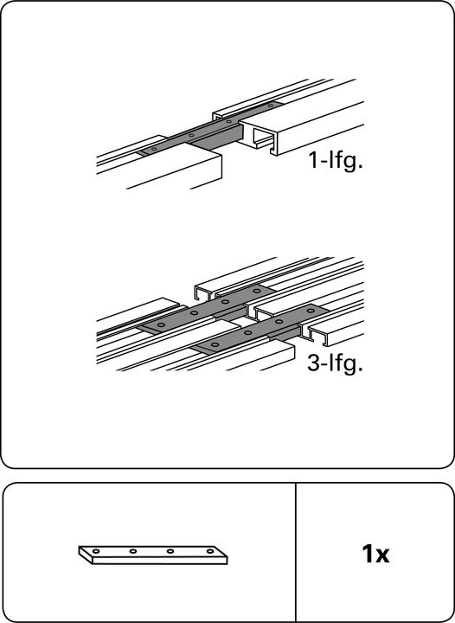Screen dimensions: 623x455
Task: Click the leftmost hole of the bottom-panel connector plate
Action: [97, 550]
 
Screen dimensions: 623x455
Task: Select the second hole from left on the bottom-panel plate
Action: [133, 551]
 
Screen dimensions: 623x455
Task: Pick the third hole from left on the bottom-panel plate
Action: [170, 551]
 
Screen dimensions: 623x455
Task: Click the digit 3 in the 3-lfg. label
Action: [313, 363]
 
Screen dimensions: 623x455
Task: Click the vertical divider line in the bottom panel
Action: [296, 552]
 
